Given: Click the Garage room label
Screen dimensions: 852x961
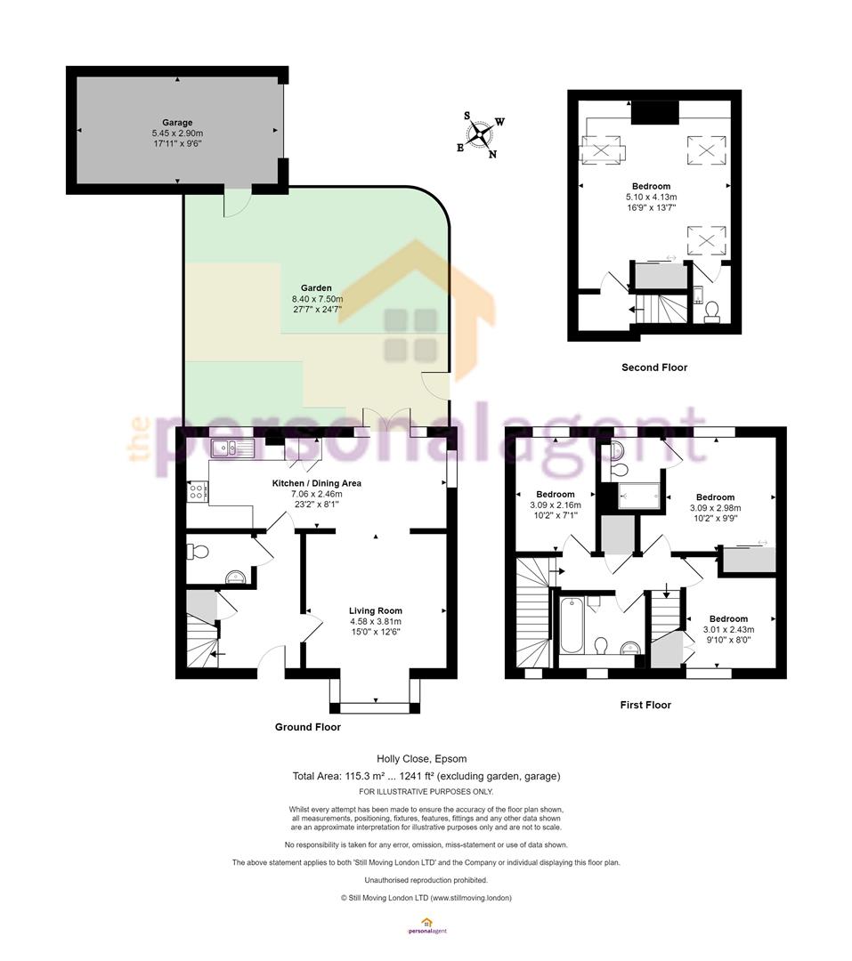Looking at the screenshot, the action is point(177,123).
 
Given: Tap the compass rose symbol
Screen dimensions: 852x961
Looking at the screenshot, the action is point(480,135).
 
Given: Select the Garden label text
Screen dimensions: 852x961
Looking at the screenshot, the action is point(316,288).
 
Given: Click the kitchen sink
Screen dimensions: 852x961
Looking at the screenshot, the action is point(231,448).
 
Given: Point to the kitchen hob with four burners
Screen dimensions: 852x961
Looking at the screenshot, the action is point(198,490).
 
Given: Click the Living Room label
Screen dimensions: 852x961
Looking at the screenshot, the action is point(376,611).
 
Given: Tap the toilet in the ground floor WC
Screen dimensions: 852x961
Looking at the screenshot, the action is point(199,552).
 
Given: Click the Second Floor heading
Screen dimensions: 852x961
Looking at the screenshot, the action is point(654,367).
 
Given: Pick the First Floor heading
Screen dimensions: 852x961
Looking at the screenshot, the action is point(645,705).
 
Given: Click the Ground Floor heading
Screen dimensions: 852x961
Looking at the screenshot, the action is point(308,727).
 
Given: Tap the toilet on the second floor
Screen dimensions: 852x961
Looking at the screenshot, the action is point(712,311).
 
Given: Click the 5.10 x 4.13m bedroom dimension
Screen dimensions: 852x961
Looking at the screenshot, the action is point(652,198).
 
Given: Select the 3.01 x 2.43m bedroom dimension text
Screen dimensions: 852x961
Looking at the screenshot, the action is point(729,629).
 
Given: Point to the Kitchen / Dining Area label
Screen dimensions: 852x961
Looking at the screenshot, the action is point(317,483).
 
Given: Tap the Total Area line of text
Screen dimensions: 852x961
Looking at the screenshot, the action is point(426,777).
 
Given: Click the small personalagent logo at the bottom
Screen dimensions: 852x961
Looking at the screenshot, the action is point(427,925).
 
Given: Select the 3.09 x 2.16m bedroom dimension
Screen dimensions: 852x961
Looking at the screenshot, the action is point(556,505).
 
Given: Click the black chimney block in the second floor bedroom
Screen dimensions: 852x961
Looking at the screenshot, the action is point(655,113).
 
